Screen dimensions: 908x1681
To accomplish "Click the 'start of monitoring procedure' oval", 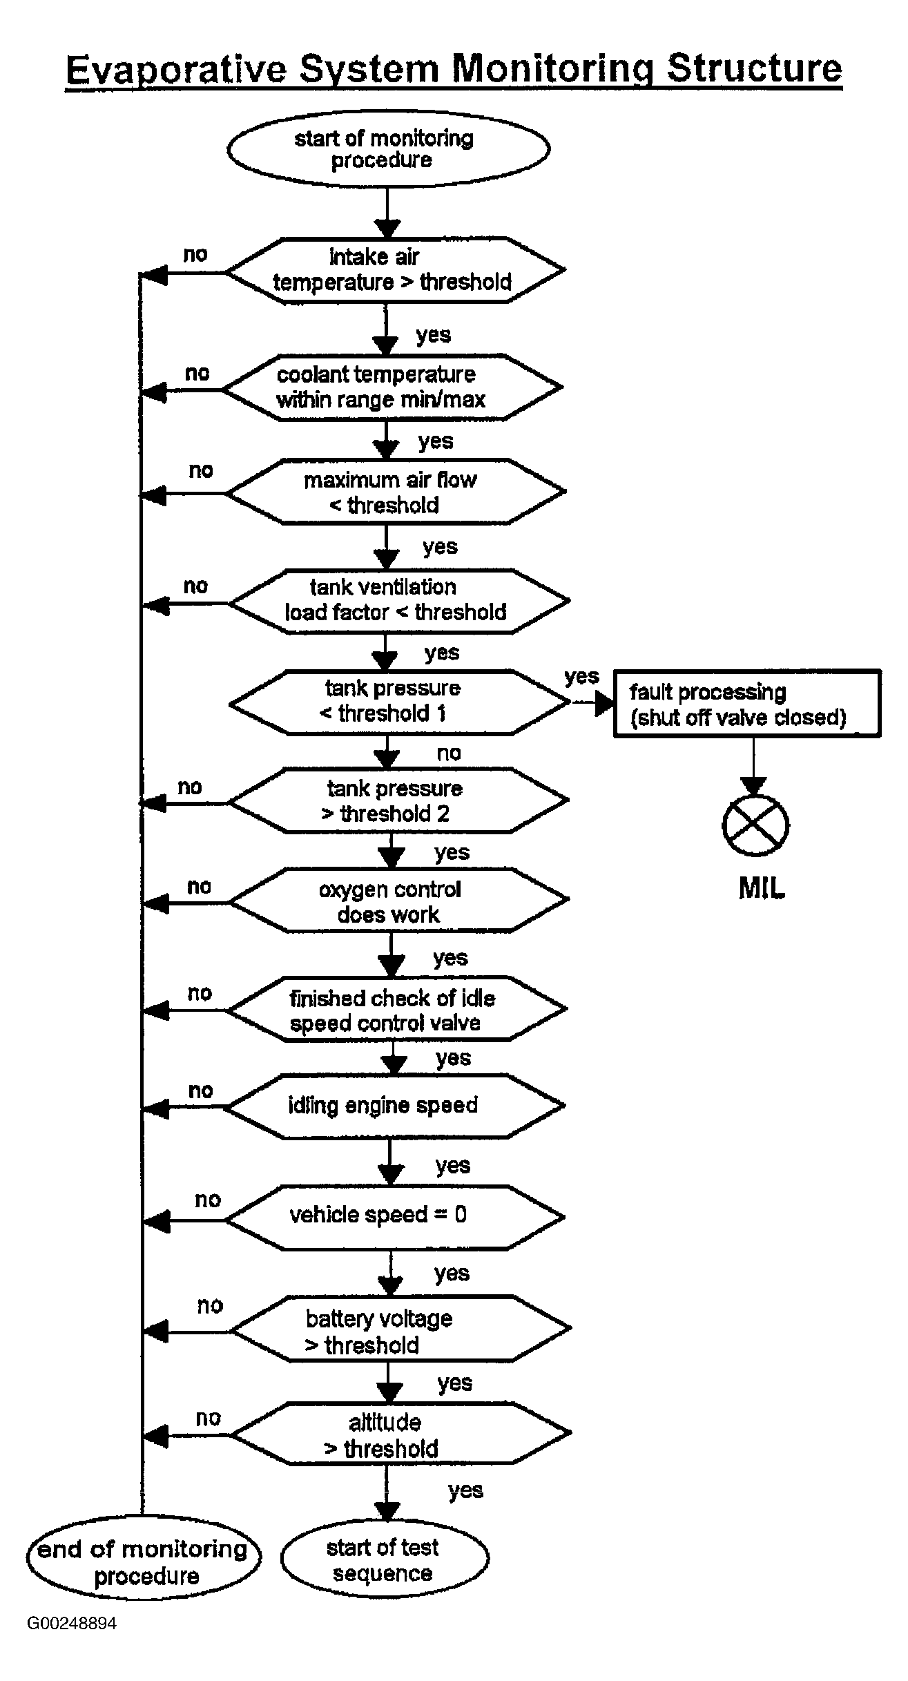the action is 388,149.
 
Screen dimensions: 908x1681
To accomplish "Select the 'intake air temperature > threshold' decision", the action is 396,271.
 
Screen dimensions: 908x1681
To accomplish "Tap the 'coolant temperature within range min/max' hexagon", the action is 393,387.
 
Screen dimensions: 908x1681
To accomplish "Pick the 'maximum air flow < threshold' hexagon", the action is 396,492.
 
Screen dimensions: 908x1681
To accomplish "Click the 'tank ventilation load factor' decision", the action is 399,601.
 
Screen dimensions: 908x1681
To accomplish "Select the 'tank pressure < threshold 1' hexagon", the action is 400,702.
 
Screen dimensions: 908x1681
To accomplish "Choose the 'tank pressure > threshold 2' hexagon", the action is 398,801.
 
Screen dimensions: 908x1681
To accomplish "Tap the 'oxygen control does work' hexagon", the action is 399,901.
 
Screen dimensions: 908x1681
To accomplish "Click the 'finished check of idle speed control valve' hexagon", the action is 397,1009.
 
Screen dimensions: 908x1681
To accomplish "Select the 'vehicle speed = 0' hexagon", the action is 396,1218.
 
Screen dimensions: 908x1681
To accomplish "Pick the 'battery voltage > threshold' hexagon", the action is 401,1329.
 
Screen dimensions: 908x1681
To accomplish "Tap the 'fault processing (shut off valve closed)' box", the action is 747,703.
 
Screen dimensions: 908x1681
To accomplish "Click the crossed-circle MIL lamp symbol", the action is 755,826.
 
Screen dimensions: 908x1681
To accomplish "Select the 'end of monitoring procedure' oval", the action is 144,1564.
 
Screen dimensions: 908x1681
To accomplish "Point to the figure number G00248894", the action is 72,1623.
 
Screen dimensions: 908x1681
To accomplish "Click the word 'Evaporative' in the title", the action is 175,69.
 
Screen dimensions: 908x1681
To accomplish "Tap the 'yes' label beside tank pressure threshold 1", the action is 581,677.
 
